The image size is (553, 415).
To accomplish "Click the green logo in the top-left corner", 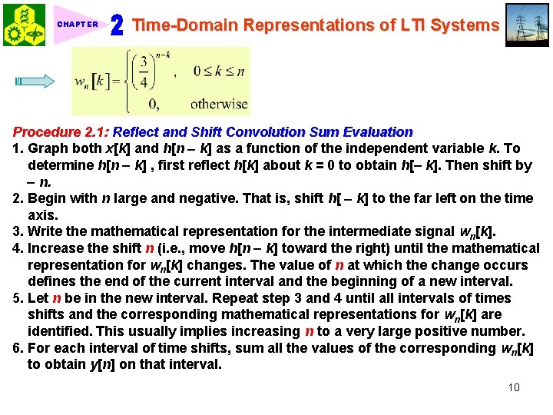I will pyautogui.click(x=24, y=24).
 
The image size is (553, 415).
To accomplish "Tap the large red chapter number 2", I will pyautogui.click(x=117, y=26).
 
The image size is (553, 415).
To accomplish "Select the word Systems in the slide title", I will pyautogui.click(x=464, y=25).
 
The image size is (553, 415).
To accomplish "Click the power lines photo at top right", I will pyautogui.click(x=528, y=24).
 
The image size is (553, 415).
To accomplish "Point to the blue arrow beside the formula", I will pyautogui.click(x=35, y=81).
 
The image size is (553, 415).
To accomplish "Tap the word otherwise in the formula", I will pyautogui.click(x=219, y=104).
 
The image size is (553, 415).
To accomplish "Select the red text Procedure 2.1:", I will pyautogui.click(x=61, y=132).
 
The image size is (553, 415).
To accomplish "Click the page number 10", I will pyautogui.click(x=514, y=387).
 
